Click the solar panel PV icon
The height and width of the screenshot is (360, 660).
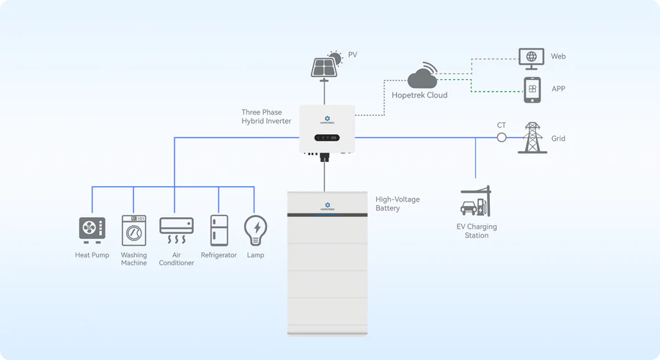(326, 65)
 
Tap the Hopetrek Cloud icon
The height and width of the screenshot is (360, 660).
(422, 77)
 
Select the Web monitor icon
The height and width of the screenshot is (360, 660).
(530, 57)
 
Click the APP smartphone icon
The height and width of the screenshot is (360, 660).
(532, 89)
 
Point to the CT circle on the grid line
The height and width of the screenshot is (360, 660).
(502, 137)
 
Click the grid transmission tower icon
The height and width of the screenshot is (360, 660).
(532, 137)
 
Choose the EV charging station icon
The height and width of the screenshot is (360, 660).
(476, 202)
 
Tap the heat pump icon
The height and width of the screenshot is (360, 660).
(92, 229)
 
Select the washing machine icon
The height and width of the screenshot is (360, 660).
(133, 229)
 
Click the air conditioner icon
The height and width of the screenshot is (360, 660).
(176, 229)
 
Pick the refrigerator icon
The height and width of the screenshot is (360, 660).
(219, 230)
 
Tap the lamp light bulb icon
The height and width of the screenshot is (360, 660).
(255, 229)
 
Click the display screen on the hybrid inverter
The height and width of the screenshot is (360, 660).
(327, 137)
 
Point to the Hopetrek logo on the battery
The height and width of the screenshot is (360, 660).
(327, 205)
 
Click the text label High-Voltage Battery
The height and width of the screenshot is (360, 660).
(397, 204)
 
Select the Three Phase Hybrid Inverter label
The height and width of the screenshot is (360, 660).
(266, 117)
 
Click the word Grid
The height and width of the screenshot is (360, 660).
(558, 139)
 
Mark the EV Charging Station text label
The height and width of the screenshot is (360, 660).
(477, 231)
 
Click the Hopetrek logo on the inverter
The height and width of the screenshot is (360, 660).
(327, 117)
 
